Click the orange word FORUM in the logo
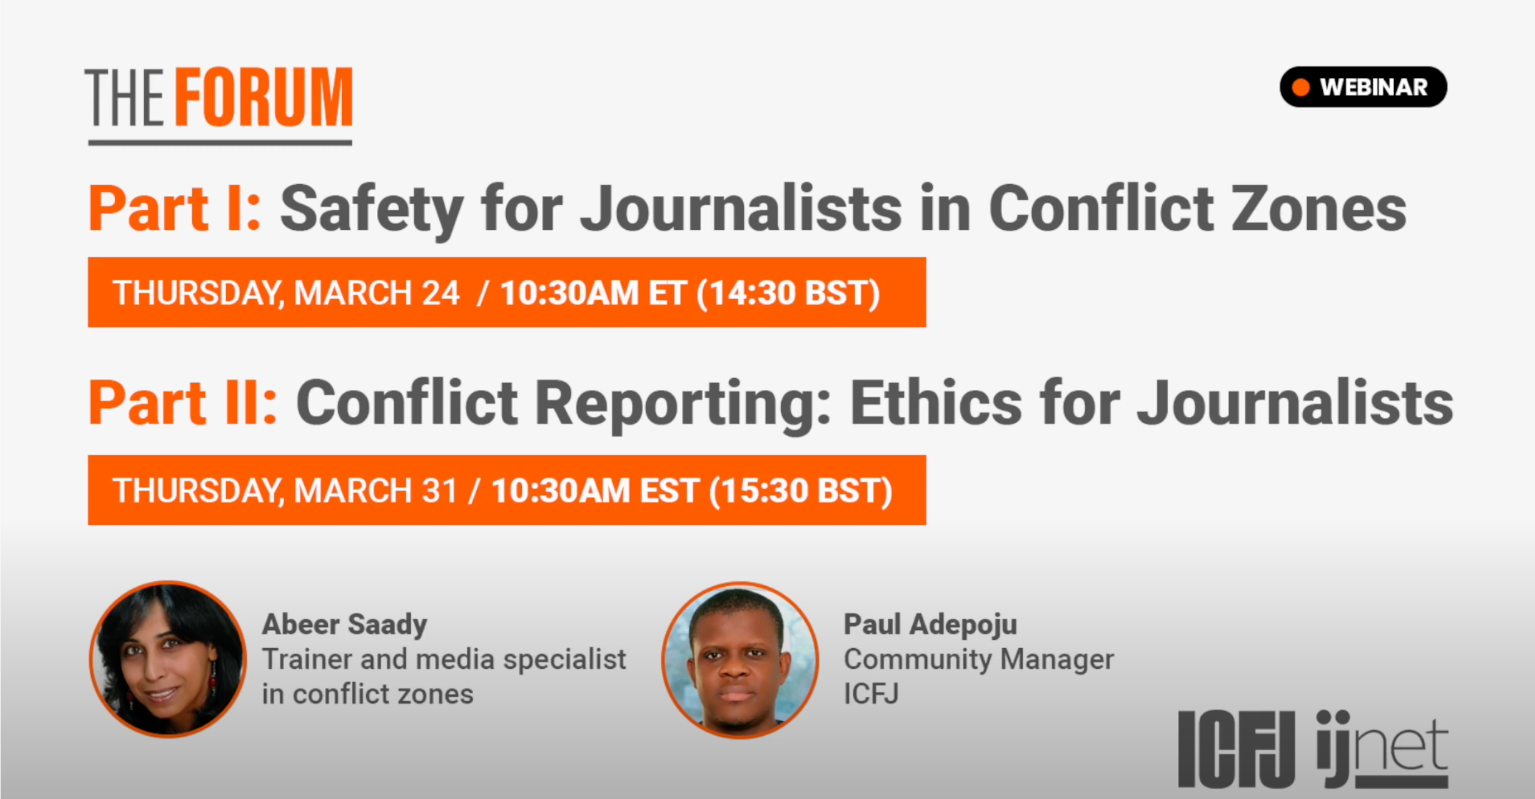pyautogui.click(x=265, y=97)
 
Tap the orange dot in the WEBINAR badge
pyautogui.click(x=1301, y=87)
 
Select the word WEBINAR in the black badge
pyautogui.click(x=1374, y=87)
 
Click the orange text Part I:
pyautogui.click(x=175, y=209)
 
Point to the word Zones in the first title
pyautogui.click(x=1319, y=209)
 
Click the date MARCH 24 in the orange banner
pyautogui.click(x=376, y=292)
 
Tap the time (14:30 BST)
pyautogui.click(x=788, y=293)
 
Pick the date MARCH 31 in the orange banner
pyautogui.click(x=375, y=490)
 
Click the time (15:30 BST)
pyautogui.click(x=801, y=491)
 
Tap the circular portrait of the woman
pyautogui.click(x=168, y=659)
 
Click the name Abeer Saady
pyautogui.click(x=345, y=624)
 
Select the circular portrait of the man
pyautogui.click(x=740, y=660)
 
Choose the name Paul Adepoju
pyautogui.click(x=930, y=624)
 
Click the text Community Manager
pyautogui.click(x=979, y=660)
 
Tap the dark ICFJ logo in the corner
pyautogui.click(x=1236, y=749)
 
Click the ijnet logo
pyautogui.click(x=1382, y=749)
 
